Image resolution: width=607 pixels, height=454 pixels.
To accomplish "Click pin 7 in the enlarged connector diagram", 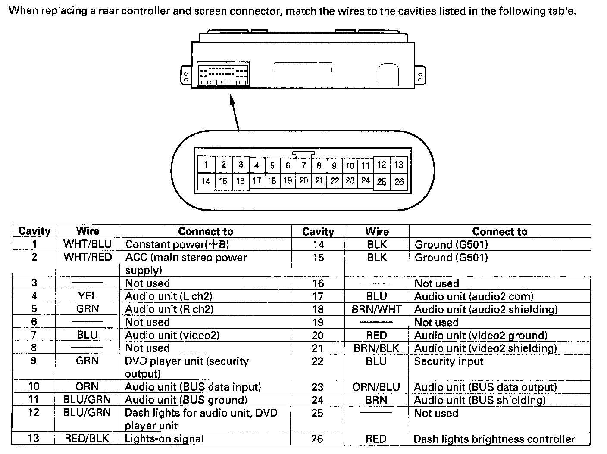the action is click(x=303, y=165).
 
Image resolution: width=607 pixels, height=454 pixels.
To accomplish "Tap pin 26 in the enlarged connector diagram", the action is click(x=399, y=182).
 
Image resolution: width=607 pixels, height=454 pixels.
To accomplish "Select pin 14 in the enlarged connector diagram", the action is click(x=206, y=181).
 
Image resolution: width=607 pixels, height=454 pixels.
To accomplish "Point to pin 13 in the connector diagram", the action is click(x=399, y=165).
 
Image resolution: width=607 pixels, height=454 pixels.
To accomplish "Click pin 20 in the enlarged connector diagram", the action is click(x=303, y=181).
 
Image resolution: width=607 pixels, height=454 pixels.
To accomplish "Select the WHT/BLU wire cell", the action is click(x=88, y=244).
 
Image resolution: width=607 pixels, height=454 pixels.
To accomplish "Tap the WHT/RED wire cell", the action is click(x=88, y=258).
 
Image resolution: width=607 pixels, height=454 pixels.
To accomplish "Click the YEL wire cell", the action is click(x=88, y=296).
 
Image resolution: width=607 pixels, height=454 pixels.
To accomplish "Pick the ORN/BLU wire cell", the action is click(x=376, y=387).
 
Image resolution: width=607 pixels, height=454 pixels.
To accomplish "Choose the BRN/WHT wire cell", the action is click(x=376, y=309).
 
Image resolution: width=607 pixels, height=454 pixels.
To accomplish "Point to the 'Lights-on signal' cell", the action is click(x=164, y=438).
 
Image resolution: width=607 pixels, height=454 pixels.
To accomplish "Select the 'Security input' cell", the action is click(x=449, y=361).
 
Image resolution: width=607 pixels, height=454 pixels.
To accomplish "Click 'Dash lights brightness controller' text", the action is click(x=494, y=439).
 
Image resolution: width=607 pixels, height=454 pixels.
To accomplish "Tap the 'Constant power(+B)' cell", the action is click(x=177, y=244).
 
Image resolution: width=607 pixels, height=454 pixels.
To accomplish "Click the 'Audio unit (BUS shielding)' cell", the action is click(x=479, y=400).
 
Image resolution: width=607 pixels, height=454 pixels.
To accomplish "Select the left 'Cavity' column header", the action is click(x=34, y=231).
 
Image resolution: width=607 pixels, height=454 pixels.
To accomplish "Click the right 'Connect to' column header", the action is click(x=499, y=231).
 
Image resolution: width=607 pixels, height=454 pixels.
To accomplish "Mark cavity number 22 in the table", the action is click(x=318, y=361).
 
